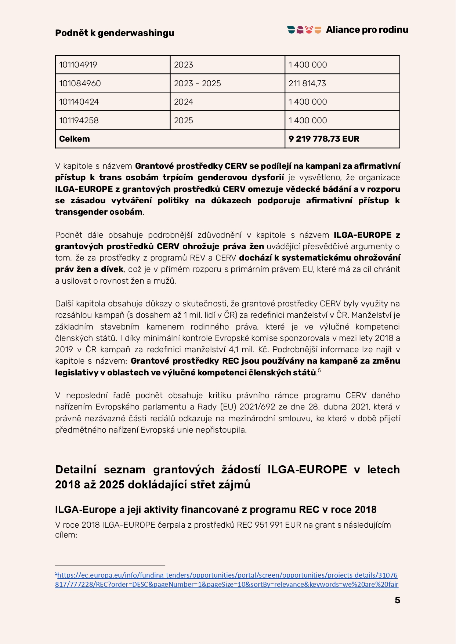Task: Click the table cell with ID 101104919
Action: click(78, 65)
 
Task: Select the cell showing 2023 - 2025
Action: click(197, 84)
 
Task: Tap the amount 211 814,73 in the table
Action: click(307, 84)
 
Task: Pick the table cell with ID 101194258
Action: click(79, 121)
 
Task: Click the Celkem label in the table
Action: click(75, 139)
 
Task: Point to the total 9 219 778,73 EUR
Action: click(324, 139)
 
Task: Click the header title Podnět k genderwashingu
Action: click(115, 33)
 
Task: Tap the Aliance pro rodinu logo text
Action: click(367, 30)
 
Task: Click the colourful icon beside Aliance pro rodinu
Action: click(304, 30)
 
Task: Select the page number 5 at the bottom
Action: click(397, 600)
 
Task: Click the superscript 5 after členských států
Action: click(319, 371)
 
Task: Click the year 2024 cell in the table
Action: click(184, 102)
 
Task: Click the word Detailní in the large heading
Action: click(76, 470)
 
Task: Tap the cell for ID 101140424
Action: click(79, 102)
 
